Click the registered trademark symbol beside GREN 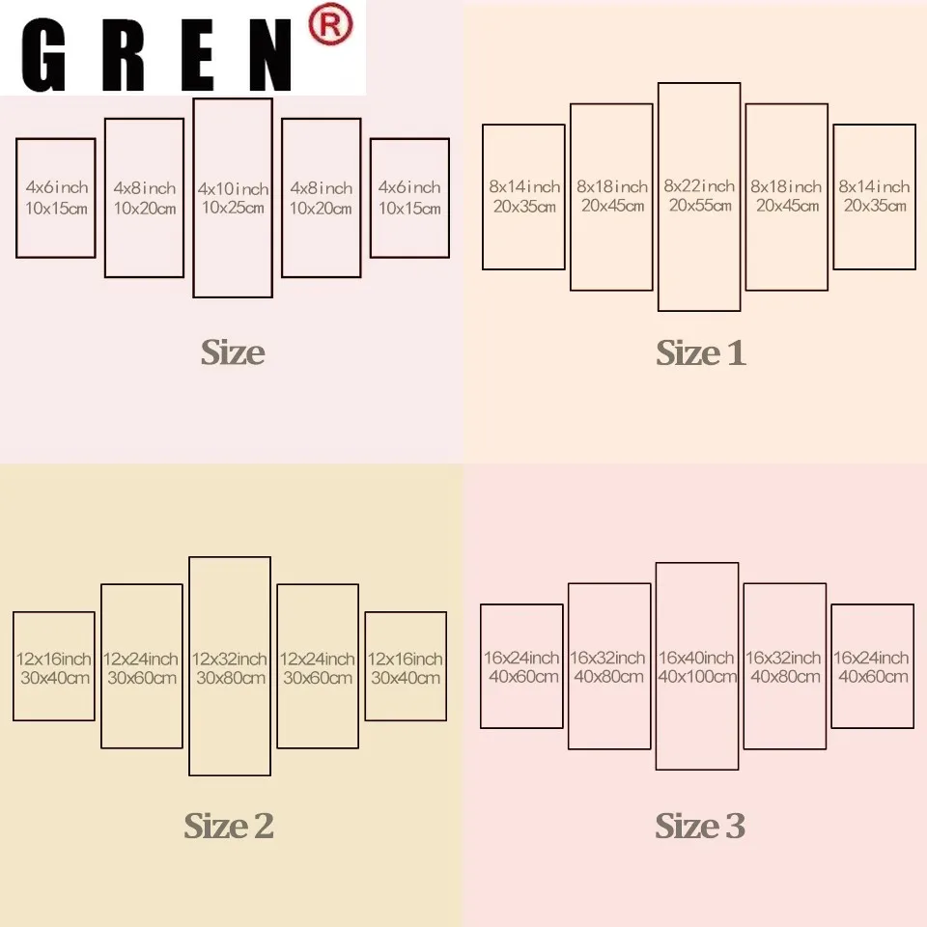[x=329, y=26]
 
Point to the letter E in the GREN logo [x=190, y=56]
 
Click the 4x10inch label [x=233, y=188]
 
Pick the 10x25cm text [x=233, y=209]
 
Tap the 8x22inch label [x=699, y=185]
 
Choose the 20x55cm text [x=699, y=206]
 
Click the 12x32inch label [x=230, y=659]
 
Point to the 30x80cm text [x=230, y=678]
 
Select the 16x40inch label [x=697, y=658]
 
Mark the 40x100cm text [x=697, y=677]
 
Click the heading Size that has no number [x=233, y=352]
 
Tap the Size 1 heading [x=701, y=353]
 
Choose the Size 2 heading [x=229, y=826]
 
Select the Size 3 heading [x=700, y=826]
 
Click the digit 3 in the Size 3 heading [x=735, y=827]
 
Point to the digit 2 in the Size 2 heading [x=263, y=827]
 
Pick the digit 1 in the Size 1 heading [x=737, y=353]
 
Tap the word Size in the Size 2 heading [x=215, y=826]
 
